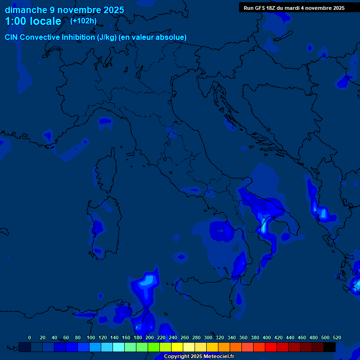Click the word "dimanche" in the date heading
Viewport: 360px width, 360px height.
pyautogui.click(x=26, y=10)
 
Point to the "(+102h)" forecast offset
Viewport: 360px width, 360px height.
pyautogui.click(x=83, y=21)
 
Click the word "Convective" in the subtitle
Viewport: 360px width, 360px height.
pyautogui.click(x=41, y=37)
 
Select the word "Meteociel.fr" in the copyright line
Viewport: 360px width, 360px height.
pyautogui.click(x=219, y=357)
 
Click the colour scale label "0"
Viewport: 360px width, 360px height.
pyautogui.click(x=30, y=337)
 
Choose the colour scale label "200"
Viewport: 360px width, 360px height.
pyautogui.click(x=150, y=337)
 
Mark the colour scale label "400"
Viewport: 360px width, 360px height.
pyautogui.click(x=267, y=337)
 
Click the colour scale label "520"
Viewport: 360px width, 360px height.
pyautogui.click(x=337, y=337)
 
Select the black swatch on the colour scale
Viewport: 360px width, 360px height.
pyautogui.click(x=330, y=347)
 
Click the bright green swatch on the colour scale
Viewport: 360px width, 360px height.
pyautogui.click(x=154, y=347)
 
